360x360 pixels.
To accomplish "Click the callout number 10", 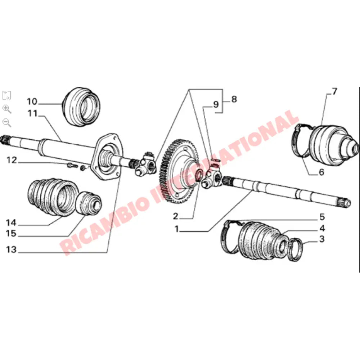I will [x=32, y=100].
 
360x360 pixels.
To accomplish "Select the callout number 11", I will [x=32, y=114].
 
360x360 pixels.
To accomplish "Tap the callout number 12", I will [x=12, y=160].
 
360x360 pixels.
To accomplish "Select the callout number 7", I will [x=334, y=91].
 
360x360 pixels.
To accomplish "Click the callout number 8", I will [x=234, y=99].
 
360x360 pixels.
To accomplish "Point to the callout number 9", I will [x=215, y=105].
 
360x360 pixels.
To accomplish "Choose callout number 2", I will [x=175, y=216].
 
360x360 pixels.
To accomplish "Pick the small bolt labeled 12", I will [x=71, y=166].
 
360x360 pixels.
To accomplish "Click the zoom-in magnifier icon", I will [x=6, y=109].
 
